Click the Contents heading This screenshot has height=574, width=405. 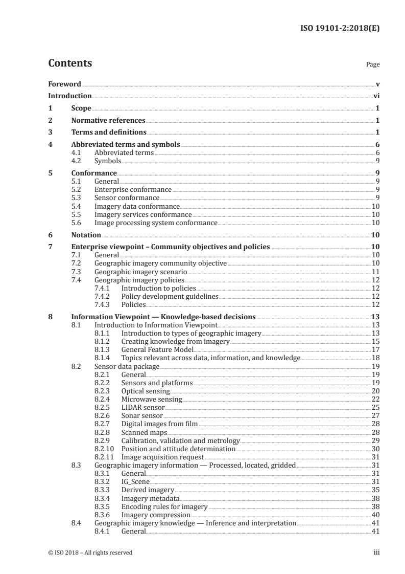(70, 64)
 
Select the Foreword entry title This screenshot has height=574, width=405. (64, 83)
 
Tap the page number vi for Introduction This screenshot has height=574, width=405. (376, 96)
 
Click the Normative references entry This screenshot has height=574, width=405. (108, 121)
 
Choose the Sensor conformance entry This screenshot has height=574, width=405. (127, 197)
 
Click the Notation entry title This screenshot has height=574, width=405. (86, 235)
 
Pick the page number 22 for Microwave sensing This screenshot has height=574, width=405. (375, 399)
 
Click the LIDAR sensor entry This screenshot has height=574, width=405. (143, 407)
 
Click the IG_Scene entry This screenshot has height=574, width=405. (135, 481)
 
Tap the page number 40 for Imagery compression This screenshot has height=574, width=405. (375, 515)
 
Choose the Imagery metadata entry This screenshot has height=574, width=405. (150, 498)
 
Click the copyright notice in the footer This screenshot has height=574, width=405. (90, 553)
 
